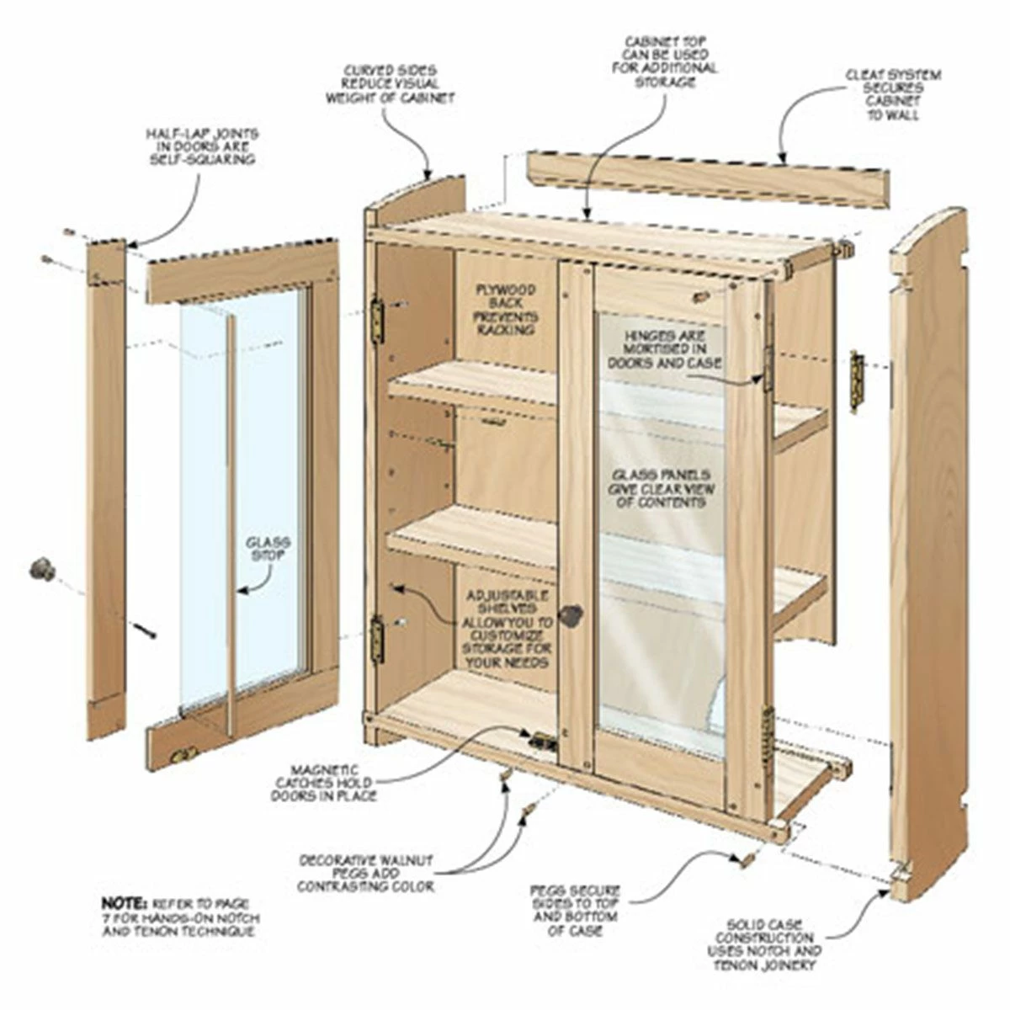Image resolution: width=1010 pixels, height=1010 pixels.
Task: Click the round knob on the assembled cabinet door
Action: [x=572, y=615]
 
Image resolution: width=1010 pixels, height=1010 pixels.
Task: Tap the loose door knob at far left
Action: [x=42, y=570]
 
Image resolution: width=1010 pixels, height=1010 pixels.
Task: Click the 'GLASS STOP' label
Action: [x=268, y=549]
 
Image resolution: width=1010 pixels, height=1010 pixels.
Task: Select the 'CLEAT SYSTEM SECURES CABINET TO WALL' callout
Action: [x=893, y=94]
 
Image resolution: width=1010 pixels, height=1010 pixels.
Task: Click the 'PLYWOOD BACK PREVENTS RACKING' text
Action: [x=507, y=310]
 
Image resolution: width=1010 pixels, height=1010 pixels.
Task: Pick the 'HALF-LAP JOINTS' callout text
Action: [x=202, y=146]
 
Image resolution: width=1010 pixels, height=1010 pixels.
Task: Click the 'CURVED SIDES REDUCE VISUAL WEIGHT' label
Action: [x=390, y=84]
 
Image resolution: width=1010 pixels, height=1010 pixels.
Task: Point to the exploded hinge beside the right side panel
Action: [x=857, y=381]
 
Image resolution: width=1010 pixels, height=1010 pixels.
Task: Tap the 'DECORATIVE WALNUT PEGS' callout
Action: [x=366, y=874]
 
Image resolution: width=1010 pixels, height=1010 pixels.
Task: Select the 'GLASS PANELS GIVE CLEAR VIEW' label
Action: [x=659, y=488]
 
